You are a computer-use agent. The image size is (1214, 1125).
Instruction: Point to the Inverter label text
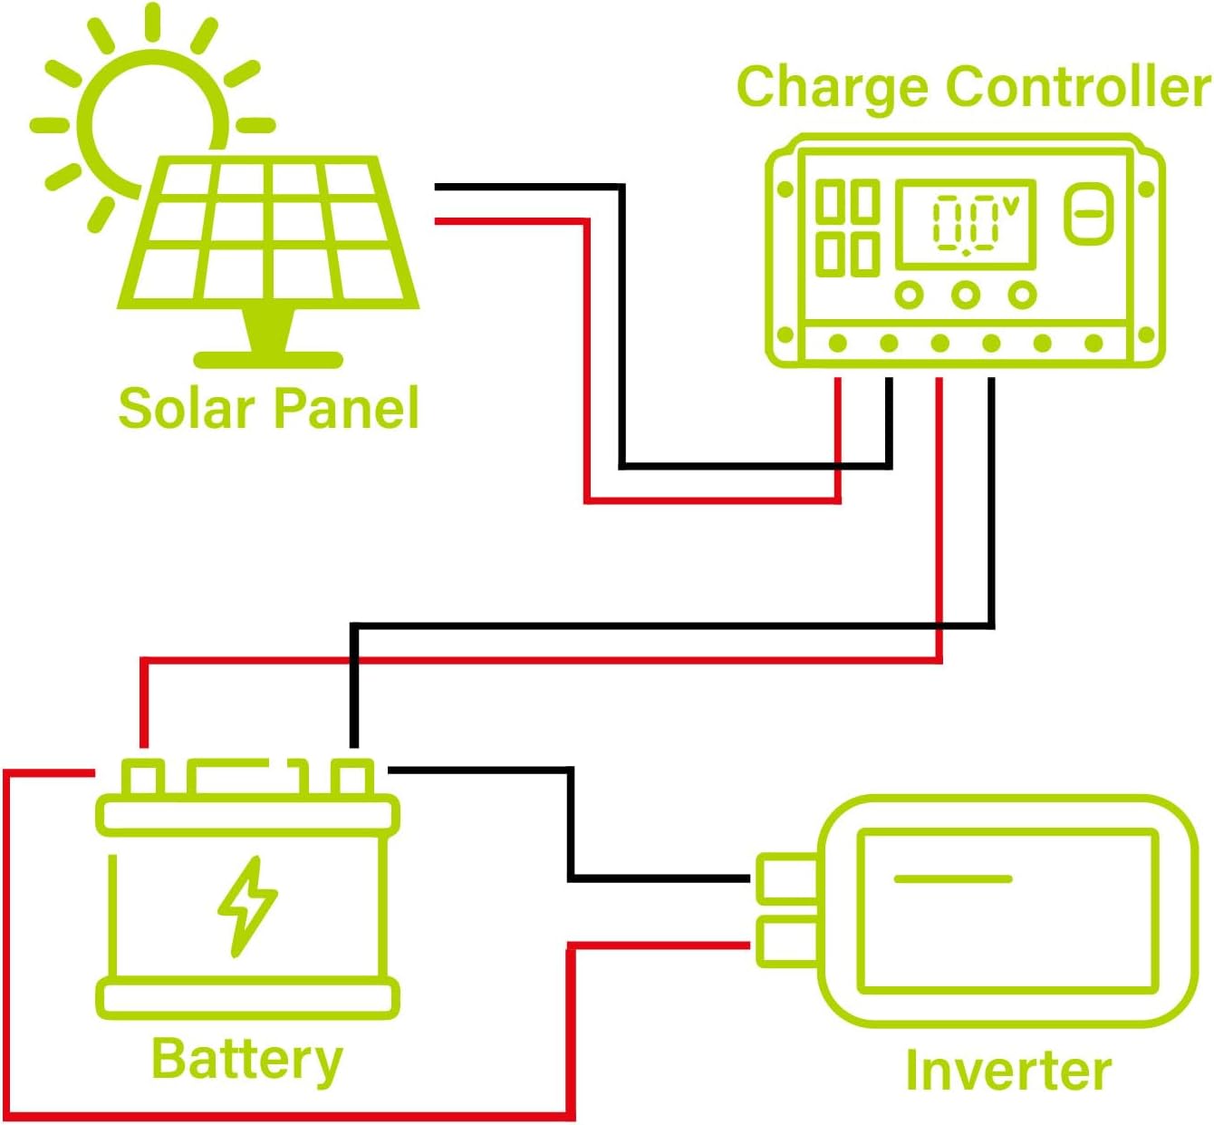tap(1007, 1071)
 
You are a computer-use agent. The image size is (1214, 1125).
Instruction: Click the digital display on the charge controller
tap(966, 223)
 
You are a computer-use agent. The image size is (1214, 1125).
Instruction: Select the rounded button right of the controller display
tap(1088, 214)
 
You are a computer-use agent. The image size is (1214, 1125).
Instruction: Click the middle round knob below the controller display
tap(966, 295)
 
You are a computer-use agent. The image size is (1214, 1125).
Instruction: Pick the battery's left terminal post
tap(143, 778)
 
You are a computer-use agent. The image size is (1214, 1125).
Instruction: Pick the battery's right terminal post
tap(352, 778)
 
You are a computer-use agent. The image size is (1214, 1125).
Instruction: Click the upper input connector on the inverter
tap(786, 878)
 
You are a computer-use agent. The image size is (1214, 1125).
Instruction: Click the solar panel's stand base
tap(268, 359)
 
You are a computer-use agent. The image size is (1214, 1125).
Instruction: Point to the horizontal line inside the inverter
tap(952, 878)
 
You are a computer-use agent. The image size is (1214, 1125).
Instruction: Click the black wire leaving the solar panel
tap(525, 187)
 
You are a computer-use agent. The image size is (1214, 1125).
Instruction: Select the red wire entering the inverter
tap(661, 946)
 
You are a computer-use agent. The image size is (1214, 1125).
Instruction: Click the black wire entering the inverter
tap(661, 878)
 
